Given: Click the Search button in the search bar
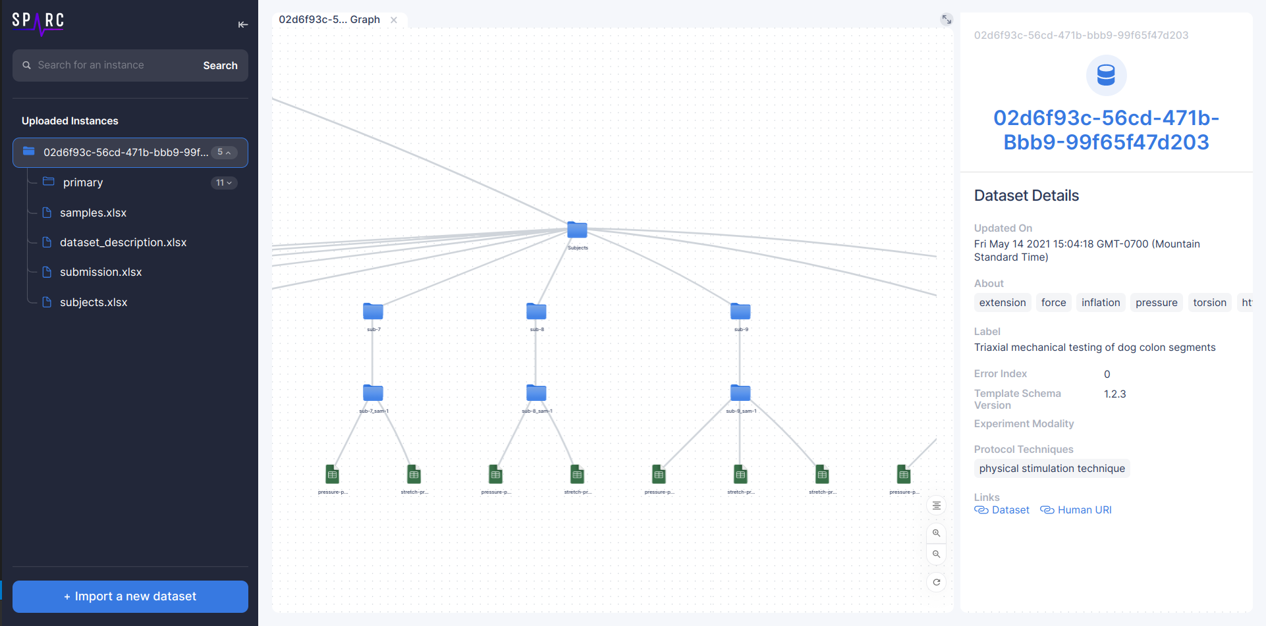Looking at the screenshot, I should (220, 66).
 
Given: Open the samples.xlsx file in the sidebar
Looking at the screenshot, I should (93, 213).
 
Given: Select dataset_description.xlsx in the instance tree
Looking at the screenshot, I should (123, 242).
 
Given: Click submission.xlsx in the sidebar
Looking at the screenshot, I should (101, 272).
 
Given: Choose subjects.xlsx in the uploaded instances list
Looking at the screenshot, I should (94, 302).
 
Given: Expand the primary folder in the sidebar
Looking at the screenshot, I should (83, 182).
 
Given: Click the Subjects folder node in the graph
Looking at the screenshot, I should (577, 230).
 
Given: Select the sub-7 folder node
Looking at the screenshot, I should (373, 311).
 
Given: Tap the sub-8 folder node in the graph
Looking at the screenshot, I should (536, 311).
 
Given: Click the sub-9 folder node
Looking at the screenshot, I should (740, 311).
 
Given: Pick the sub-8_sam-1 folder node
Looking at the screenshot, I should (536, 393).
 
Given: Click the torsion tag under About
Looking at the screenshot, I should (1209, 303).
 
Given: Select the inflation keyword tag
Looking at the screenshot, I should (1100, 303).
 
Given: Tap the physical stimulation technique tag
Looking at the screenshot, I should (1051, 469).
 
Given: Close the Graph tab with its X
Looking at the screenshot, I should (394, 20).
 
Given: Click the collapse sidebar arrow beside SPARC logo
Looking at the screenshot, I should (242, 24).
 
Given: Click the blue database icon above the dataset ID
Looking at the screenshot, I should (1106, 75).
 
